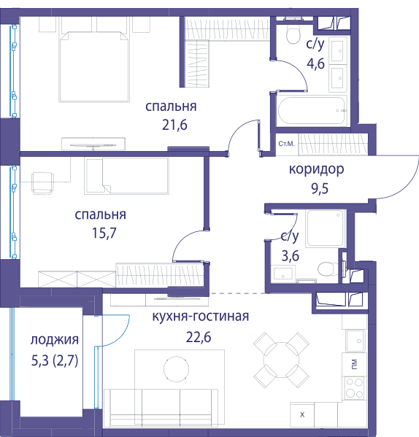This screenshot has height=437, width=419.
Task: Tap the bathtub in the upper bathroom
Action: click(x=312, y=111)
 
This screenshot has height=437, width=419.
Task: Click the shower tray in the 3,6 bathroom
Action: click(x=326, y=228)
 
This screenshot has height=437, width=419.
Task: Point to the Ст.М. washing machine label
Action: click(x=286, y=144)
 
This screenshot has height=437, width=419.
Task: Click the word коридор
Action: click(x=316, y=169)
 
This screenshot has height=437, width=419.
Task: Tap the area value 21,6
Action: click(x=174, y=125)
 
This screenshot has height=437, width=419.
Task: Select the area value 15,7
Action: click(x=104, y=233)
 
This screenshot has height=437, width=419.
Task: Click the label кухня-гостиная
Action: click(x=201, y=317)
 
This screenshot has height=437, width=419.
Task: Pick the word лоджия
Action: click(x=55, y=340)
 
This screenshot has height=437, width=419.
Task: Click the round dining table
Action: click(x=281, y=360)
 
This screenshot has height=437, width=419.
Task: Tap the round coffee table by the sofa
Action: click(x=176, y=369)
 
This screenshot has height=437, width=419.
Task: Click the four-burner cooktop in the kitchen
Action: click(x=354, y=387)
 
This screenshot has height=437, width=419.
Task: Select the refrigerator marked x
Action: click(x=302, y=414)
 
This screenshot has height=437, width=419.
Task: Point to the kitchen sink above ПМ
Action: click(x=355, y=341)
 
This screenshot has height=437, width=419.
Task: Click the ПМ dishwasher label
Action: click(x=354, y=364)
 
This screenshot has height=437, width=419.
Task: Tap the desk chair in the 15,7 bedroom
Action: click(x=42, y=183)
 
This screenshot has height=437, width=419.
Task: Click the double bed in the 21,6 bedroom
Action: click(x=94, y=66)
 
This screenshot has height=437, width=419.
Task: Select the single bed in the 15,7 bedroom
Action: click(x=126, y=176)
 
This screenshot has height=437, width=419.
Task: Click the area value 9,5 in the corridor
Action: click(x=320, y=189)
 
